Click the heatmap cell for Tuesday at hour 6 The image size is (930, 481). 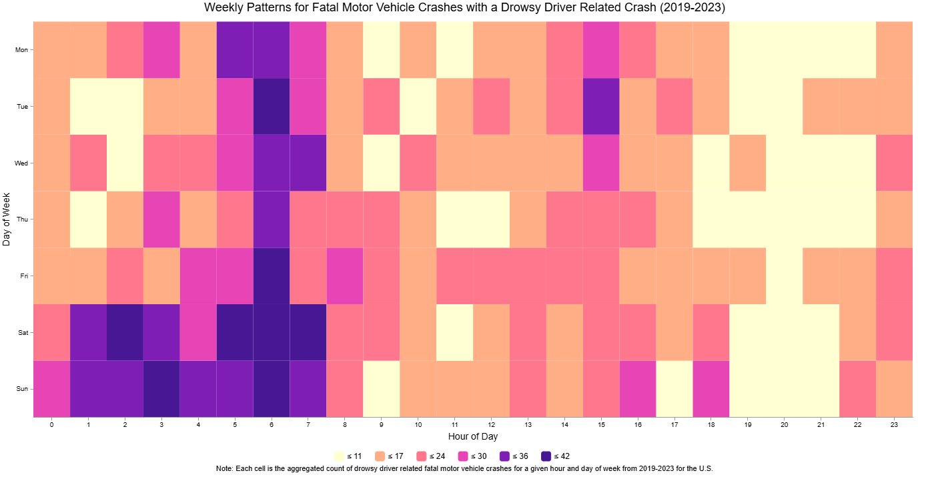(272, 106)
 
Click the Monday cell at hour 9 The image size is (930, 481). (382, 49)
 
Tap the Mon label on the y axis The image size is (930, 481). (22, 49)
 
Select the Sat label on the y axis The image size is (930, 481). (23, 332)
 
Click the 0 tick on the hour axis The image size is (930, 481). (51, 424)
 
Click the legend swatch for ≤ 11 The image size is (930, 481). (339, 456)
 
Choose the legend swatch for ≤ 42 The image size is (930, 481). (546, 456)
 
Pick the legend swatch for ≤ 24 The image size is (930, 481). (422, 456)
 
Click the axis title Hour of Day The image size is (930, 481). (472, 437)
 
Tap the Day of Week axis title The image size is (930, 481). (7, 219)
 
